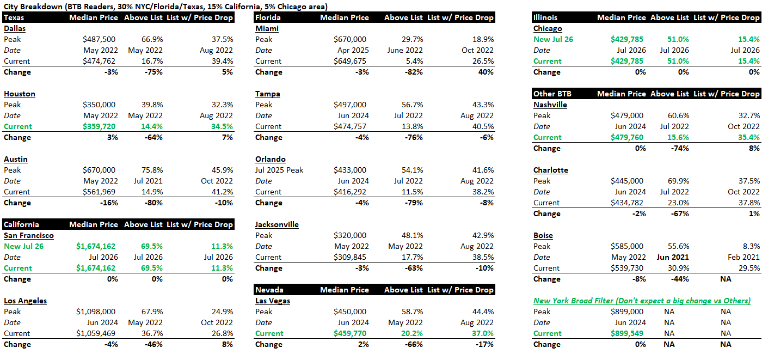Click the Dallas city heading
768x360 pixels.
pyautogui.click(x=15, y=28)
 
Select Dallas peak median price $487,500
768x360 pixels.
pyautogui.click(x=99, y=39)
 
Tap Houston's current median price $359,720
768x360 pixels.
pyautogui.click(x=99, y=127)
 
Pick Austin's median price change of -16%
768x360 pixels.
pyautogui.click(x=109, y=203)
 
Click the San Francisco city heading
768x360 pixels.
pyautogui.click(x=29, y=235)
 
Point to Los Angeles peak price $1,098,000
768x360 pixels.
pyautogui.click(x=96, y=312)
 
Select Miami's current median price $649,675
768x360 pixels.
pyautogui.click(x=350, y=61)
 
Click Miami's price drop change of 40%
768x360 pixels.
pyautogui.click(x=486, y=72)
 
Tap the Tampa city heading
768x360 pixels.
pyautogui.click(x=267, y=94)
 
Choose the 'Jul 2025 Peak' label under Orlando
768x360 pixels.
pyautogui.click(x=279, y=170)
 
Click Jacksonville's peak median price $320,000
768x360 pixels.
pyautogui.click(x=350, y=235)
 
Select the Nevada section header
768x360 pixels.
pyautogui.click(x=269, y=290)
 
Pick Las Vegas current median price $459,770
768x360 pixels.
pyautogui.click(x=350, y=333)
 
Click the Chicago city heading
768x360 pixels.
pyautogui.click(x=548, y=28)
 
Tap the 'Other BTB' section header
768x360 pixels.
pyautogui.click(x=552, y=94)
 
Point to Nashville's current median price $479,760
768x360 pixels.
pyautogui.click(x=627, y=138)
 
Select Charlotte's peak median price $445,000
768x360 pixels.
pyautogui.click(x=627, y=181)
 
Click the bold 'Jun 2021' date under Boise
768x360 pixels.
pyautogui.click(x=673, y=258)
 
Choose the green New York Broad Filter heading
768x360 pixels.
pyautogui.click(x=642, y=301)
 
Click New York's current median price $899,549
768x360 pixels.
pyautogui.click(x=627, y=333)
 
